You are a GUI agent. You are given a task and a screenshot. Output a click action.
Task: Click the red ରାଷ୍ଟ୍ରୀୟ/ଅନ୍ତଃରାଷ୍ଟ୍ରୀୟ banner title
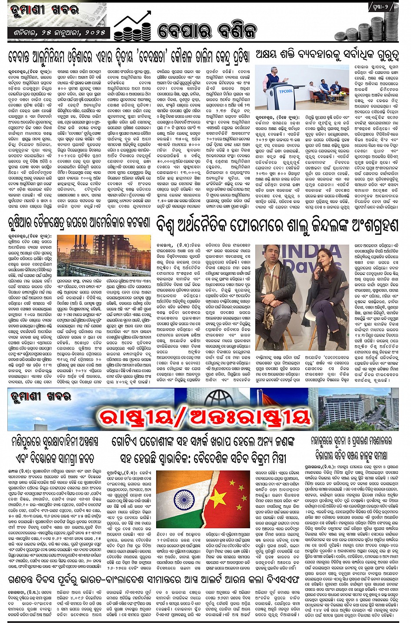[x=204, y=417]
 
